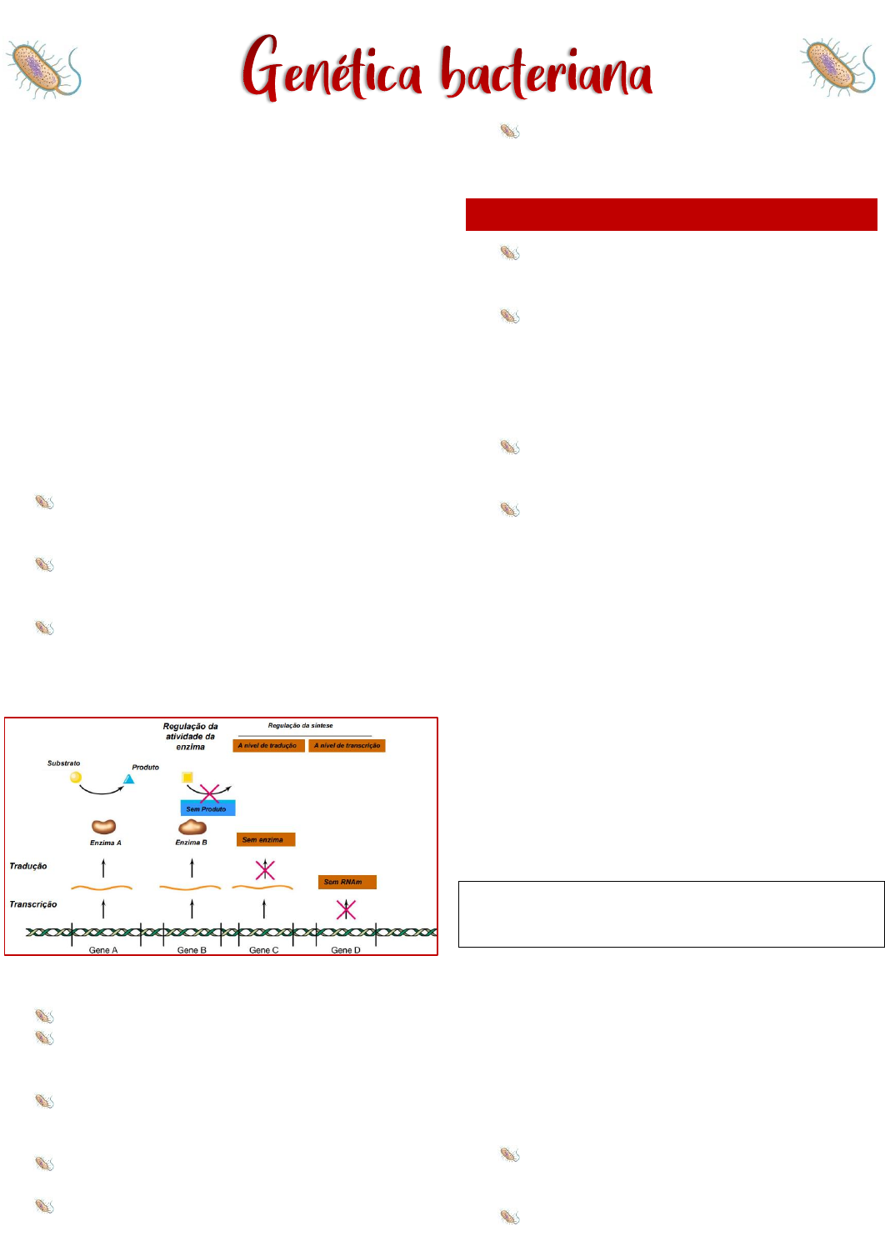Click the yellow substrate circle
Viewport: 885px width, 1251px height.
tap(76, 778)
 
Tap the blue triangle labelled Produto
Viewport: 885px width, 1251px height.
tap(129, 779)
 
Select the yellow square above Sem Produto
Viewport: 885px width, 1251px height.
tap(187, 778)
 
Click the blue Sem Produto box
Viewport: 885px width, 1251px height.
tap(207, 808)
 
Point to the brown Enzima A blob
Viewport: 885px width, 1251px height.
tap(104, 827)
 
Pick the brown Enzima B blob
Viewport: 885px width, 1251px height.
tap(192, 827)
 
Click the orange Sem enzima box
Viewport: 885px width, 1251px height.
tap(266, 839)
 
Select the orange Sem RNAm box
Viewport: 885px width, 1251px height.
tap(347, 882)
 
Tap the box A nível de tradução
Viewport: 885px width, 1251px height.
tap(268, 746)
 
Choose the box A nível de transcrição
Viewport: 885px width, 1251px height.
tap(347, 746)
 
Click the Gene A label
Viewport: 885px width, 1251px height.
tap(103, 950)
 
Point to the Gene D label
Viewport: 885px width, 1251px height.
tap(346, 950)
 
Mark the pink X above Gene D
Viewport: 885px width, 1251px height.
tap(346, 909)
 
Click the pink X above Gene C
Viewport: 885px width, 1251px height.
tap(265, 870)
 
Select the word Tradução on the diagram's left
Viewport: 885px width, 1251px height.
tap(28, 866)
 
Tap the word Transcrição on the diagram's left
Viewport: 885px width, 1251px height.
tap(33, 904)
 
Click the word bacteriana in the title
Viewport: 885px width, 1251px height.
tap(547, 73)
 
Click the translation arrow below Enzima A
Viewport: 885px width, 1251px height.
tap(104, 868)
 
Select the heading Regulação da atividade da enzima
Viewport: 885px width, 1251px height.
tap(191, 737)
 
